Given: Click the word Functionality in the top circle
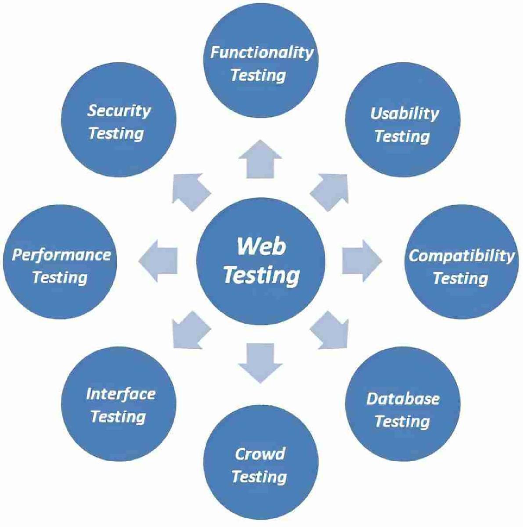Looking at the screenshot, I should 262,53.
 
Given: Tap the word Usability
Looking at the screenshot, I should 404,114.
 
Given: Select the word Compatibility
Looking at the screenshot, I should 461,256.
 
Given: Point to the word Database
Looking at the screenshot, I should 403,398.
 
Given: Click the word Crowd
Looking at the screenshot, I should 260,454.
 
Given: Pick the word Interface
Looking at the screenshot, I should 120,393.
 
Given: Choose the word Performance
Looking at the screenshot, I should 61,255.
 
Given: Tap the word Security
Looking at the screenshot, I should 119,110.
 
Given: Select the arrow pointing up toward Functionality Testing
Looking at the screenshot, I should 261,159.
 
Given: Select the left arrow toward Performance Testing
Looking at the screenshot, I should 159,261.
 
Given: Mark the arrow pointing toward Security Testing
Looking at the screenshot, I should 190,191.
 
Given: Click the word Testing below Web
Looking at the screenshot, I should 261,275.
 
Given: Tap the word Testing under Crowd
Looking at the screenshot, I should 259,476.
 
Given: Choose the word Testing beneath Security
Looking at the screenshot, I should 116,133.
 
